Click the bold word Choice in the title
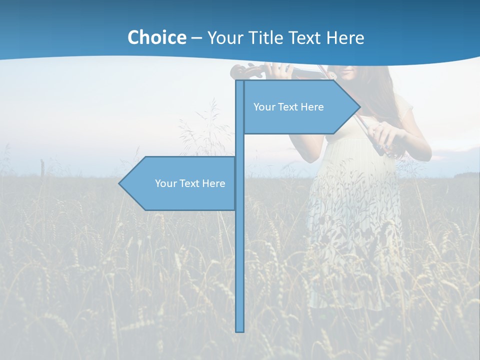click(156, 37)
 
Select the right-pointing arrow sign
click(300, 106)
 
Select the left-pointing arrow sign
click(180, 183)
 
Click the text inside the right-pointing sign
click(288, 107)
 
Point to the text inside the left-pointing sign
click(190, 183)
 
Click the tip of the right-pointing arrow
click(359, 106)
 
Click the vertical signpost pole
click(239, 250)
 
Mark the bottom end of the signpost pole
click(239, 330)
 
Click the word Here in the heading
click(345, 37)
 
